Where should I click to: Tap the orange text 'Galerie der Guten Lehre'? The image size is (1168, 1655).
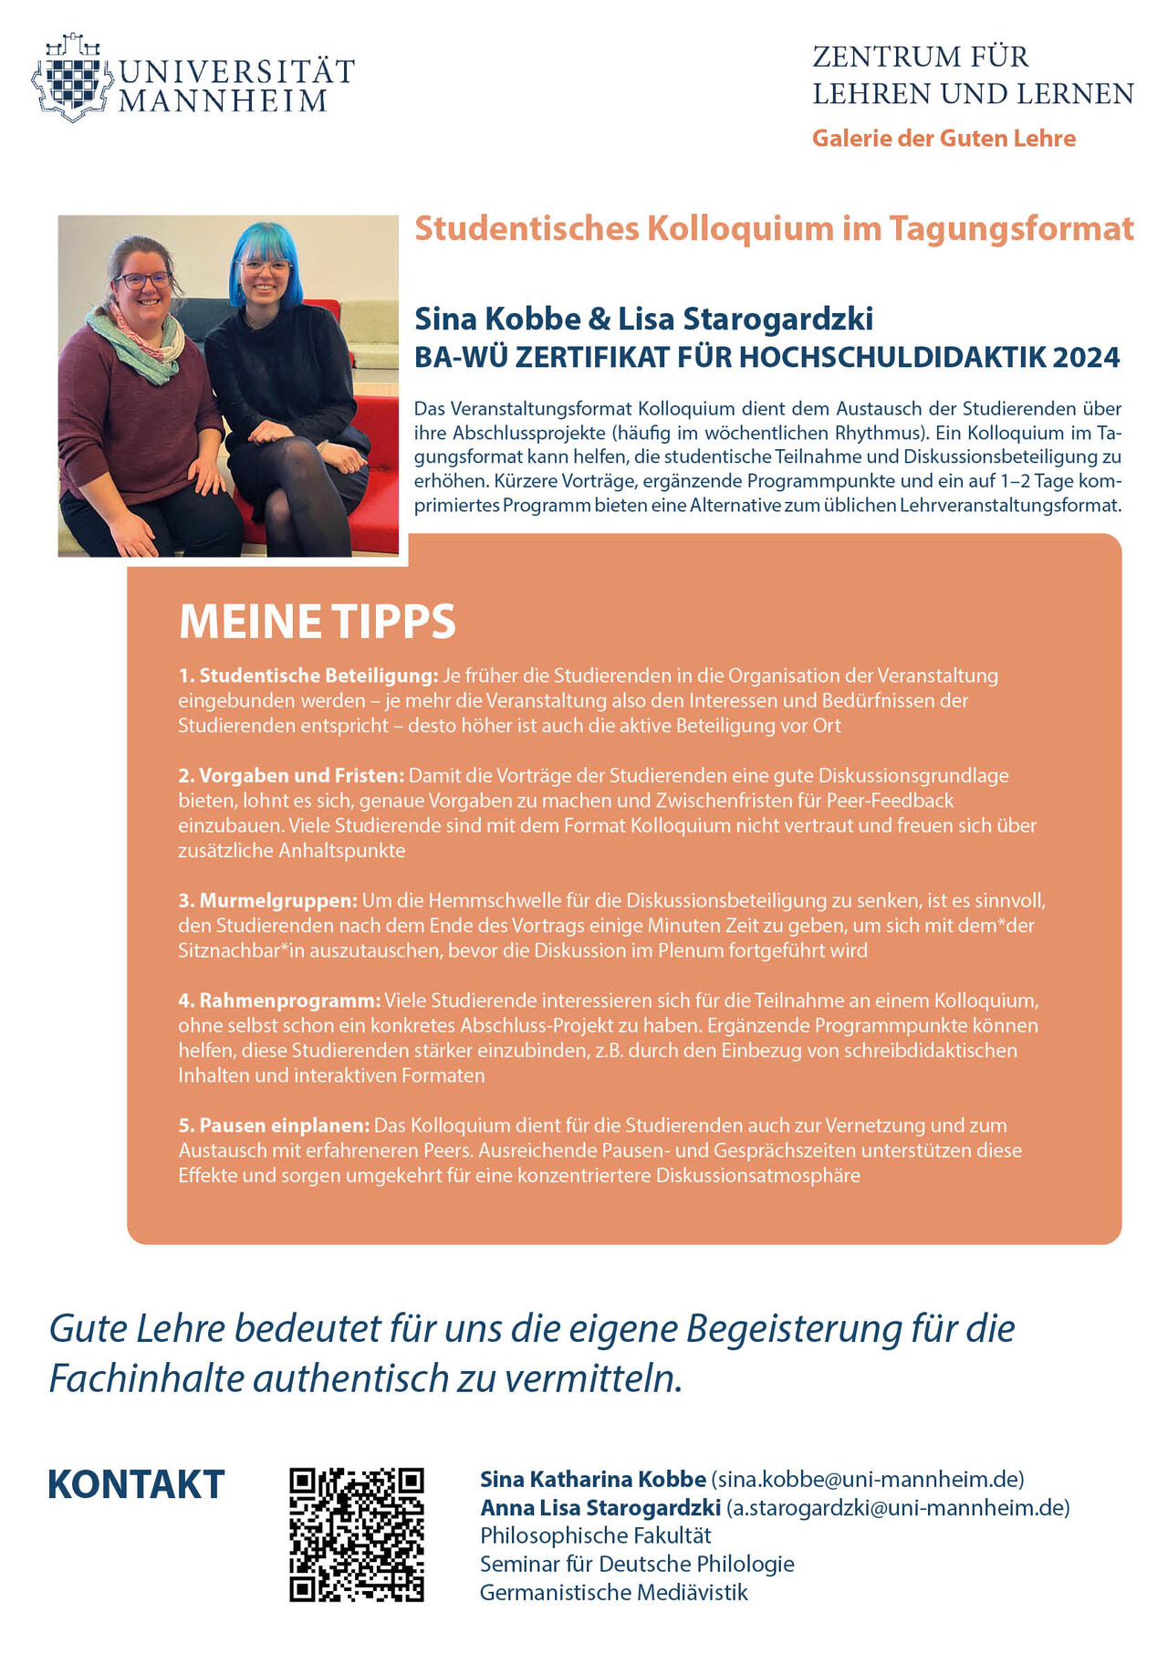944,138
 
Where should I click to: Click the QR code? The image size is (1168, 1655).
357,1535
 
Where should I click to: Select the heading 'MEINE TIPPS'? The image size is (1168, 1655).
317,622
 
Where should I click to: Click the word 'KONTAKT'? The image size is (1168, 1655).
136,1485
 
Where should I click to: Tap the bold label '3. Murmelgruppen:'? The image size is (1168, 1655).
267,900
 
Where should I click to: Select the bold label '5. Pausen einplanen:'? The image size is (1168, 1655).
274,1126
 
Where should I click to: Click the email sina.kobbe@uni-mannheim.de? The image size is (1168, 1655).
867,1479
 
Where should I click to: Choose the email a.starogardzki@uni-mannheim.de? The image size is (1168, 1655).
898,1507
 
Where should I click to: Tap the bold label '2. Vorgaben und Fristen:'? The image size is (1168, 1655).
291,776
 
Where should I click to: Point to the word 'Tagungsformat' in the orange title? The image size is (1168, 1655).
1011,228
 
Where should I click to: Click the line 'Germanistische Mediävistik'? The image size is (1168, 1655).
613,1593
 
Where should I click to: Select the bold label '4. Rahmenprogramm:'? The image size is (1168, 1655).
279,1000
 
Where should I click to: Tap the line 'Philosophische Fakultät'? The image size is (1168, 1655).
595,1535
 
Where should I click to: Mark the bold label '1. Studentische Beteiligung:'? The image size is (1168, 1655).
308,676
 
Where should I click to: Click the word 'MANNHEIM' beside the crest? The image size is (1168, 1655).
223,101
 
